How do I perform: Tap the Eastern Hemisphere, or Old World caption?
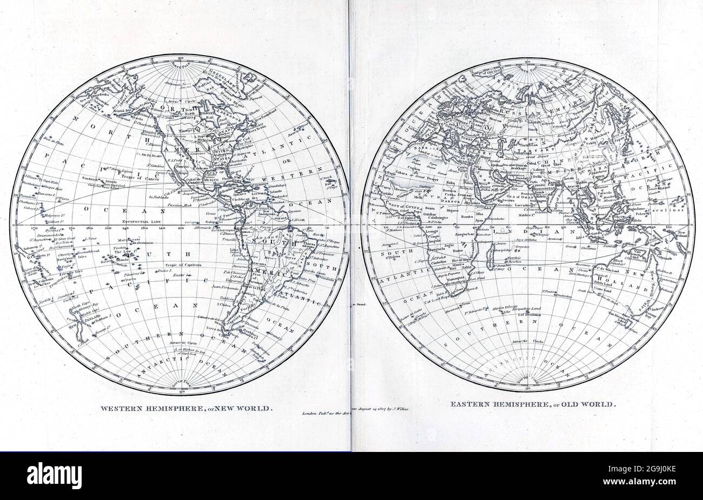coord(532,403)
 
